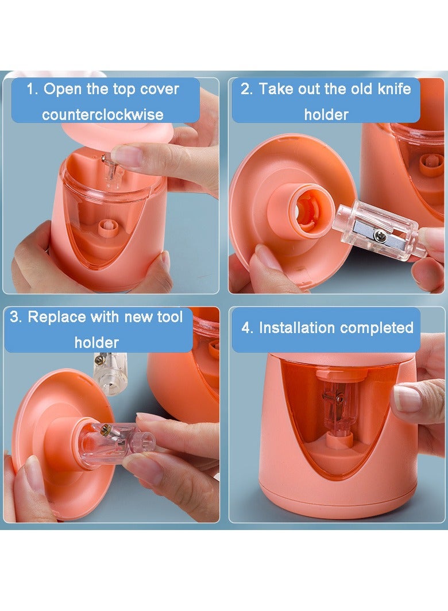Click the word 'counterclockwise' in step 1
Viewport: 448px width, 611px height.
(x=103, y=115)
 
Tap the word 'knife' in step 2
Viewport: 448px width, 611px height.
(x=394, y=89)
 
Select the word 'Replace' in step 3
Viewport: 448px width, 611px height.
(x=57, y=317)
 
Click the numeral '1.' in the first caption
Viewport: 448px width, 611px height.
(x=32, y=89)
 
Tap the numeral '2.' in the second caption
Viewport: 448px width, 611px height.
(x=246, y=89)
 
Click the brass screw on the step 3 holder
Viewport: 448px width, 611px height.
(x=105, y=430)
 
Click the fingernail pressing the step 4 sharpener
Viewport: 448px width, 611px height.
(x=406, y=399)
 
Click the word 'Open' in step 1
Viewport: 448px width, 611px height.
(x=63, y=90)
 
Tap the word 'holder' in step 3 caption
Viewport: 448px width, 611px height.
(x=96, y=342)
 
